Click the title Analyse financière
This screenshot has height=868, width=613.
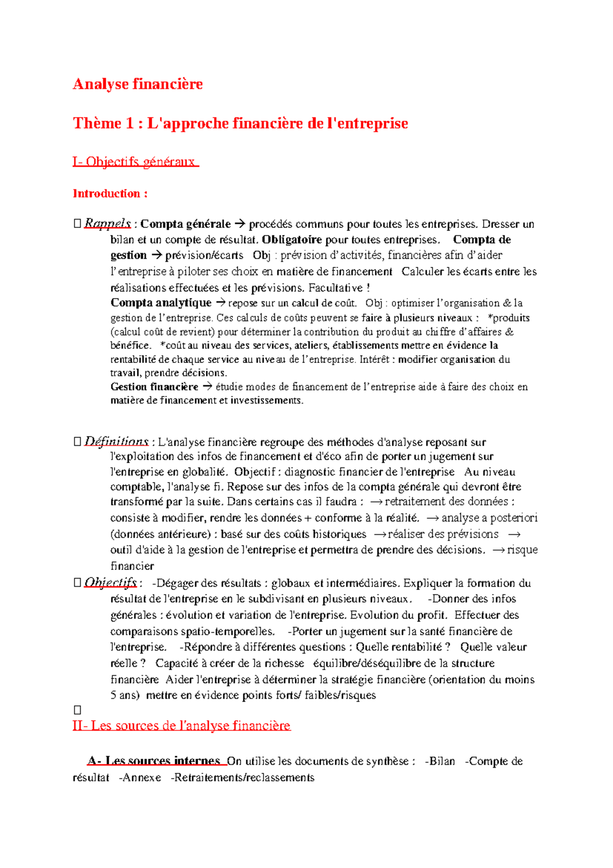tap(137, 84)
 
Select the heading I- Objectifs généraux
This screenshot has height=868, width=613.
tap(135, 162)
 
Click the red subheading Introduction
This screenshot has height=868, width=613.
tap(110, 194)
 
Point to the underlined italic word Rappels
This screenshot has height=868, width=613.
tap(107, 224)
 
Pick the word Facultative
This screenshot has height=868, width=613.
tap(337, 288)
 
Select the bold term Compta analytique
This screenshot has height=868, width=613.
tap(161, 303)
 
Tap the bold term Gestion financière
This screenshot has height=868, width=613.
tap(154, 387)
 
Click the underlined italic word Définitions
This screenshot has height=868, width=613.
tap(116, 442)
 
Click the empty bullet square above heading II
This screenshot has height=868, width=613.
tap(78, 710)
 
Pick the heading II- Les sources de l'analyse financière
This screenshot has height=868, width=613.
tap(181, 726)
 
